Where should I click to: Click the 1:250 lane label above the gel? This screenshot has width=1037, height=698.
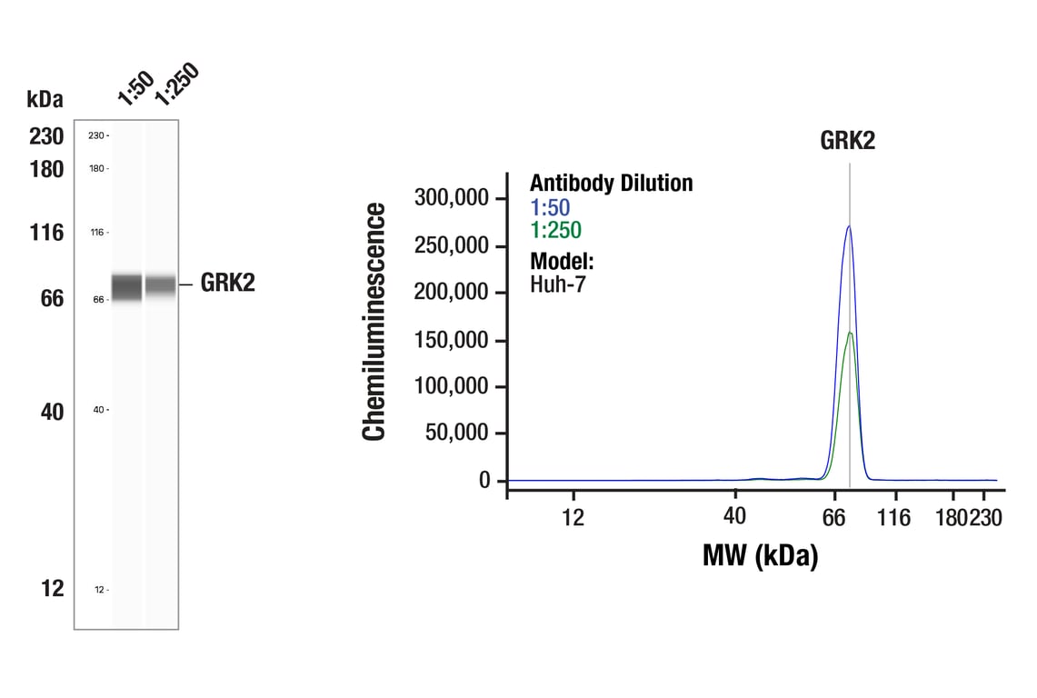[175, 84]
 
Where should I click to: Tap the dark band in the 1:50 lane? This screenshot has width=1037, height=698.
[127, 287]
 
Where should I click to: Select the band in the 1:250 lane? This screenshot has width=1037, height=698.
[162, 285]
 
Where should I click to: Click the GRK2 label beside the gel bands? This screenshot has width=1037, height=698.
[227, 283]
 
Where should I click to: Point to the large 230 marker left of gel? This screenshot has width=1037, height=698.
[46, 136]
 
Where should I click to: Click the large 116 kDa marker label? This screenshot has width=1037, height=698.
[46, 233]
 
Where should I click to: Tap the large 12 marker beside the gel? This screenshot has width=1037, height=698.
[53, 589]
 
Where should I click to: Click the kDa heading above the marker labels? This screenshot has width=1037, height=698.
[45, 99]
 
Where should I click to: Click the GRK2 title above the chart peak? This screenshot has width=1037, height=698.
[847, 140]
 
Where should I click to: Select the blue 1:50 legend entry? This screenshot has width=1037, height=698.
[550, 208]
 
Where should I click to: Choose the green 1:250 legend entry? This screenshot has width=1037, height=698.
[555, 231]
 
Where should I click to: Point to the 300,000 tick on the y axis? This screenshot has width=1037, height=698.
[452, 198]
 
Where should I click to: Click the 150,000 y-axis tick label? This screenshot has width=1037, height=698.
[452, 340]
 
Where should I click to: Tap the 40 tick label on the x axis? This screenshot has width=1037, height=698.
[734, 516]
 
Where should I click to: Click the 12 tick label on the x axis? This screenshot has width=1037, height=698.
[572, 517]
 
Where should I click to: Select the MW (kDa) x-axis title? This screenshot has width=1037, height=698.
[760, 554]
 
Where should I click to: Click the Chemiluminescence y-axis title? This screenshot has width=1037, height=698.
[374, 322]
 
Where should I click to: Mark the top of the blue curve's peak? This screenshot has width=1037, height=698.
[849, 226]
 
